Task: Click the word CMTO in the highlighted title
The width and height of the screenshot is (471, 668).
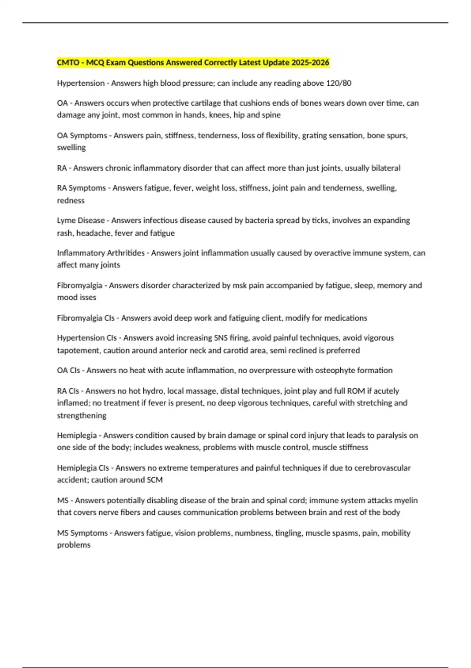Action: coord(68,62)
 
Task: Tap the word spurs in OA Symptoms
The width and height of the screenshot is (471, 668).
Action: coord(397,136)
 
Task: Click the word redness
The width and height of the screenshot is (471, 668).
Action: coord(71,200)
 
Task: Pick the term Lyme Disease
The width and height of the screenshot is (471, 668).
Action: coord(81,220)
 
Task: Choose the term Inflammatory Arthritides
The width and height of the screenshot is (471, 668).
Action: coord(100,253)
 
